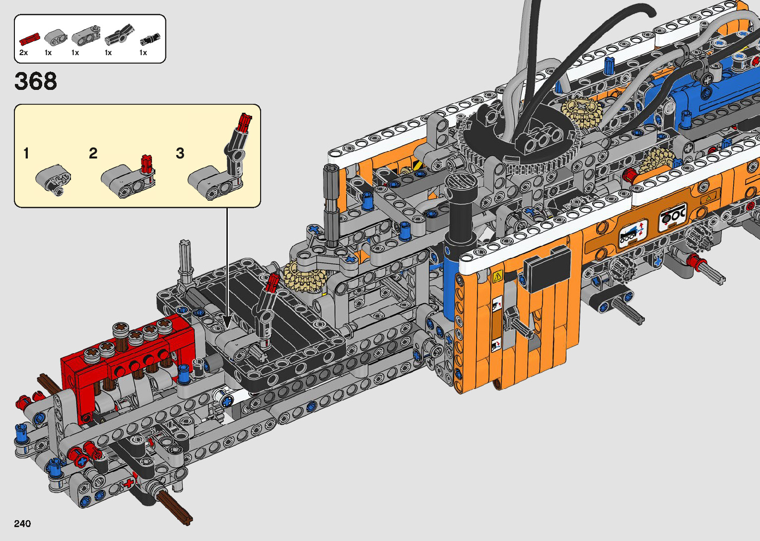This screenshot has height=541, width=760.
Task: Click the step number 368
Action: [36, 81]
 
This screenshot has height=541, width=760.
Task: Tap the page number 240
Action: [22, 523]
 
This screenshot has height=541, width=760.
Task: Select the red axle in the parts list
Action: [29, 39]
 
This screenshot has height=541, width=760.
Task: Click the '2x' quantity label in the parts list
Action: [23, 53]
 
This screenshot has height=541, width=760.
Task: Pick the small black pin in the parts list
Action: [149, 39]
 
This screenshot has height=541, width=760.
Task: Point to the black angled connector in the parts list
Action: [119, 35]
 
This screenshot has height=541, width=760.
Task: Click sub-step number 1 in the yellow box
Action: [26, 153]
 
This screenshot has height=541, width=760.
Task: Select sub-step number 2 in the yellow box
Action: [93, 153]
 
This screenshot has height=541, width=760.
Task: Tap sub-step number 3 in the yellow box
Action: [180, 153]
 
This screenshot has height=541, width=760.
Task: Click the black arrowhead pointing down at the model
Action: [227, 321]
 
